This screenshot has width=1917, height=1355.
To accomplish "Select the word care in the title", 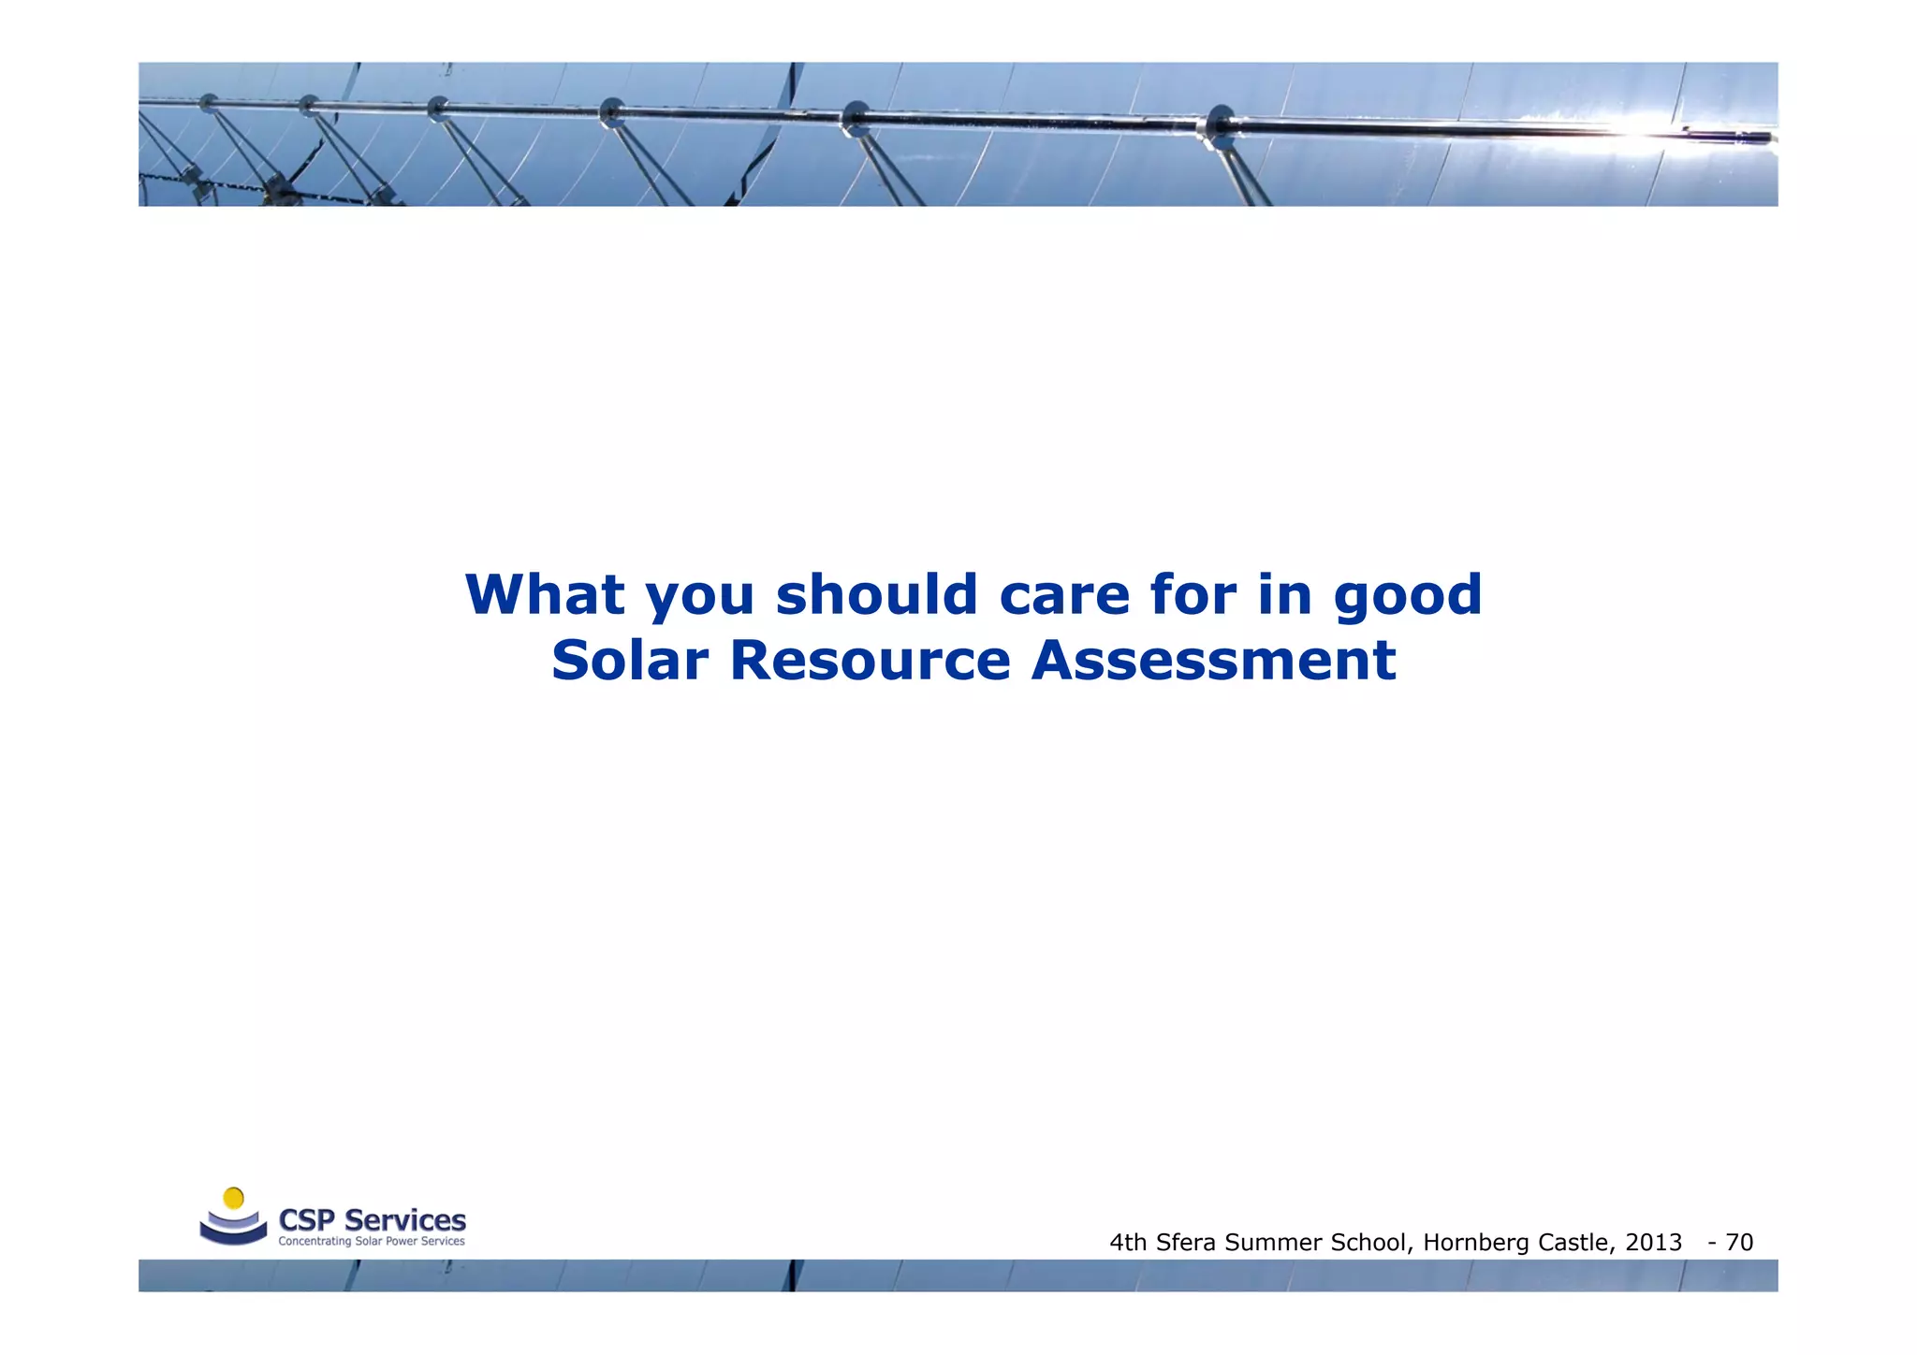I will point(1064,596).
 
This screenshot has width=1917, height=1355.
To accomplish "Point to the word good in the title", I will point(1408,597).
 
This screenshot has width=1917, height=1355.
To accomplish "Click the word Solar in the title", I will point(629,661).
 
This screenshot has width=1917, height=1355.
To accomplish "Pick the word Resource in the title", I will point(870,661).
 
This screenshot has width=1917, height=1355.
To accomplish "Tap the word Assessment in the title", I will point(1213,661).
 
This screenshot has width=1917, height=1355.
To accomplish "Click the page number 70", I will point(1739,1243).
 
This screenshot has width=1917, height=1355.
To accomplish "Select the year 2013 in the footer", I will point(1654,1243).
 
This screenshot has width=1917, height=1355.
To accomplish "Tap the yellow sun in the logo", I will point(234,1198).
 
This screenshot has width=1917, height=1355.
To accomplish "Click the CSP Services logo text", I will point(372,1220).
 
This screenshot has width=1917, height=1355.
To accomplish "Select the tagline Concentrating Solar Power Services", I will point(372,1242).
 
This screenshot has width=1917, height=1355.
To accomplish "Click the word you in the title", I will point(700,597).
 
